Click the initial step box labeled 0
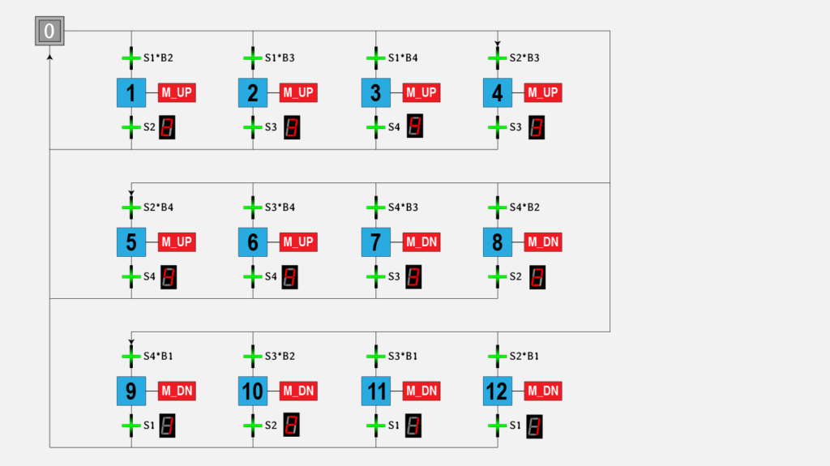(x=49, y=31)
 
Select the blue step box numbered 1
(x=131, y=92)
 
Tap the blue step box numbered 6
(x=253, y=242)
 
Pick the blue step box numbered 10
(x=253, y=391)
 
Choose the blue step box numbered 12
(x=498, y=391)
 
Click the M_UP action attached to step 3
(x=421, y=92)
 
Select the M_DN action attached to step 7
(x=421, y=242)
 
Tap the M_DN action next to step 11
(x=421, y=391)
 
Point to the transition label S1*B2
(x=158, y=58)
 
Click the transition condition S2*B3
(x=524, y=58)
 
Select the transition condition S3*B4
(x=280, y=207)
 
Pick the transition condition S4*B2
(x=524, y=207)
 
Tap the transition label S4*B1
(x=158, y=356)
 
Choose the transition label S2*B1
(x=524, y=356)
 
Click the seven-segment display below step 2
(x=292, y=127)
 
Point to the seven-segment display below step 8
(x=537, y=277)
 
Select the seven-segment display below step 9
(x=167, y=425)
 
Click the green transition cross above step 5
(x=131, y=207)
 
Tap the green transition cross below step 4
(x=498, y=127)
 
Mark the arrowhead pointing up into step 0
(x=49, y=57)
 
